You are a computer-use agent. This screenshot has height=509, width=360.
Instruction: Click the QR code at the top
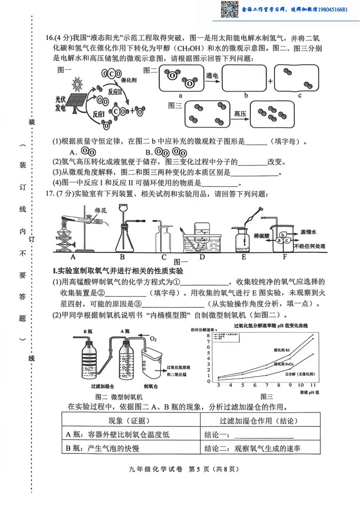(x=229, y=9)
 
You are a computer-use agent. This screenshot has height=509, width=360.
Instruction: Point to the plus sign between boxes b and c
(x=270, y=82)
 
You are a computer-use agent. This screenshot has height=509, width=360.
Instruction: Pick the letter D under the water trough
(x=202, y=257)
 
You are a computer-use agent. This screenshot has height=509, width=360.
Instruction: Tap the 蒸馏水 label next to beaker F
(x=308, y=232)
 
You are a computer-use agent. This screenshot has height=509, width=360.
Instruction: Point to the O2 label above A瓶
(x=153, y=339)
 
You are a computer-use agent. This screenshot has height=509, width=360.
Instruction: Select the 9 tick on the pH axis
(x=290, y=385)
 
